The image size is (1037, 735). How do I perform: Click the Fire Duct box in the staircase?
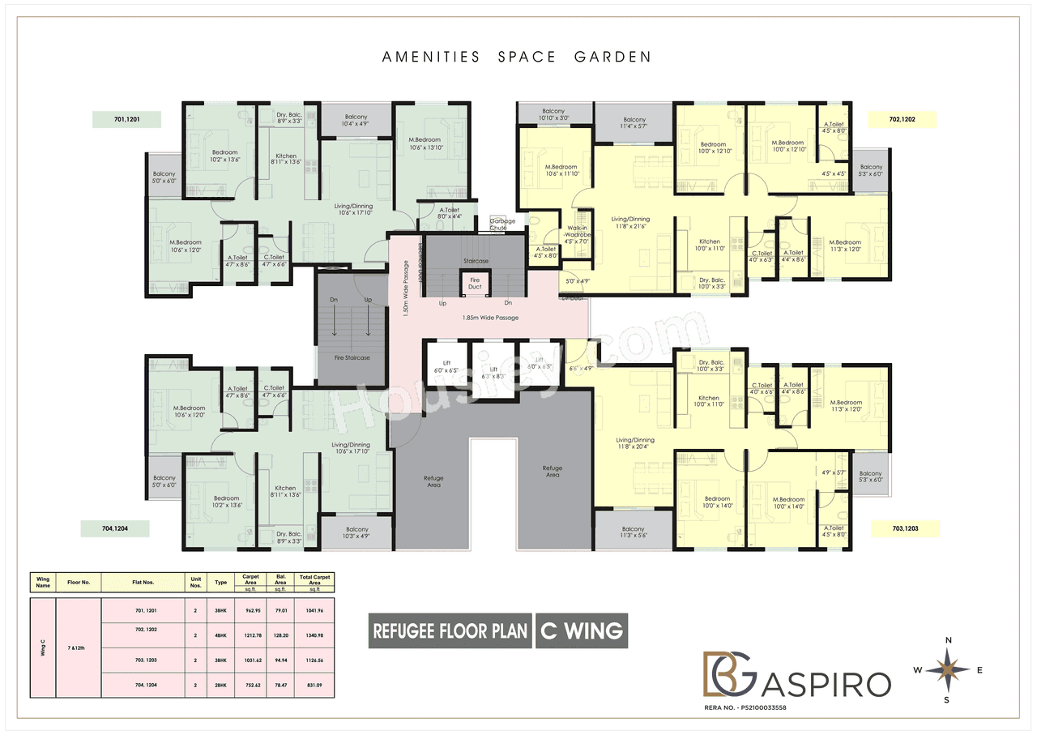point(475,284)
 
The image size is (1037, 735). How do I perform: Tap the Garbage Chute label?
point(497,224)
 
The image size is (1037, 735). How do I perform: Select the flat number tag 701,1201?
point(126,120)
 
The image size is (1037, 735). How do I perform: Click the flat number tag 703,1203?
point(905,529)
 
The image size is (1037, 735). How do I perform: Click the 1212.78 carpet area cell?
point(250,635)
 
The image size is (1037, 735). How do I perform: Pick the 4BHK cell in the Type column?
point(220,635)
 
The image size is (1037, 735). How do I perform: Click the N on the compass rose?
point(949,640)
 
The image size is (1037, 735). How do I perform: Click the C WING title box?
point(581,630)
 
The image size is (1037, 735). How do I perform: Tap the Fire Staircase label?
point(352,357)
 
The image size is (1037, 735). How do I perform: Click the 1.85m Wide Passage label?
point(490,318)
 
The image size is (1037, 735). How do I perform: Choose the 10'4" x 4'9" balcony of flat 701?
point(356,120)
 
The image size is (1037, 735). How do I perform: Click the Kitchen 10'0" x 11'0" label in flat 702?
point(710,246)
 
